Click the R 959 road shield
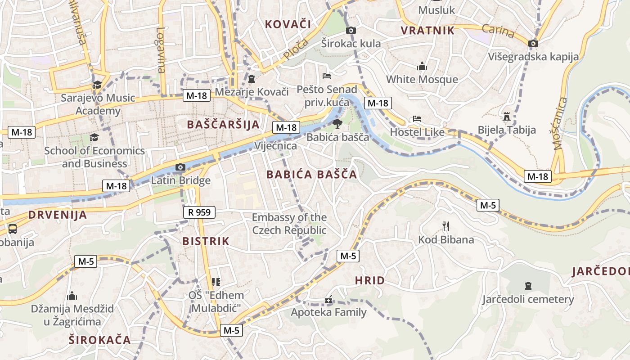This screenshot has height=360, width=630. (199, 212)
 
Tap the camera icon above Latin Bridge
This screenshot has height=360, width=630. (180, 167)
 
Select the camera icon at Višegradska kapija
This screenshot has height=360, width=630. (533, 43)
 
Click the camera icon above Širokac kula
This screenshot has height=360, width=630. (351, 30)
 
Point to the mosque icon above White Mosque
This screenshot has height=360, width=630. (422, 66)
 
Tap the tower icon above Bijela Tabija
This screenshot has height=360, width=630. (507, 117)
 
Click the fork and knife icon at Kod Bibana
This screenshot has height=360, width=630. (446, 226)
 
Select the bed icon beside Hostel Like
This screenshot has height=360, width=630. (417, 119)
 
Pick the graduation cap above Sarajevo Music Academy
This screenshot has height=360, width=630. (97, 85)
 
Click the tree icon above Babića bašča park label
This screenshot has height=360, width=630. (337, 124)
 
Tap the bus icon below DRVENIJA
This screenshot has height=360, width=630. (13, 229)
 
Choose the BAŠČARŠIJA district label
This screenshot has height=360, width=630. (223, 125)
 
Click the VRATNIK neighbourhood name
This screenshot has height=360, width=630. (427, 31)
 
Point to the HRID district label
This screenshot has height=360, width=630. (370, 281)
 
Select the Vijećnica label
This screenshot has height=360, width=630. (275, 146)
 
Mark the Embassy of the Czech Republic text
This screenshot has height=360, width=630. (289, 224)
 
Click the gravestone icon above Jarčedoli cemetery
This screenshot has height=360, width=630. (528, 285)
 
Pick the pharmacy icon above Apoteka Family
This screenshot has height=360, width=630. (328, 299)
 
